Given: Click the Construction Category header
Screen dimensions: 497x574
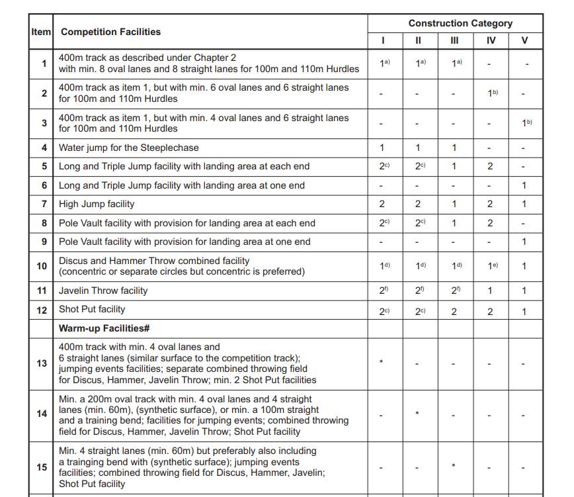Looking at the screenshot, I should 460,23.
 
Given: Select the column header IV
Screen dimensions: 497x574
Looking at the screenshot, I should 490,40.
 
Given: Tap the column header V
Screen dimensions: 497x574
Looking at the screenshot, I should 525,40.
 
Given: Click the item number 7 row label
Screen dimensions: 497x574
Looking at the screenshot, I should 44,204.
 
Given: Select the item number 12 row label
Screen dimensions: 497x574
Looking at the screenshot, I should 42,309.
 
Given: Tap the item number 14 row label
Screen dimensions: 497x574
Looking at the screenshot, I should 42,414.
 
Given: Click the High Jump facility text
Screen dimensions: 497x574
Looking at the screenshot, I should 97,204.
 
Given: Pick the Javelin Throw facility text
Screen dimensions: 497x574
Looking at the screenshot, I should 103,291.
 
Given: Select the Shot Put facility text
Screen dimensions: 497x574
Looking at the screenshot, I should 92,309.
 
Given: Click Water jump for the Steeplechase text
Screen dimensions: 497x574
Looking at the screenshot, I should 128,148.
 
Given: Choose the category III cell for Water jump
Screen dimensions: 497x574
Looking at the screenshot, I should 454,148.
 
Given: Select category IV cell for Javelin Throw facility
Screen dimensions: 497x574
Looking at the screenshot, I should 490,291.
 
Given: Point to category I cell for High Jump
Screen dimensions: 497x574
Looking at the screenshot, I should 382,204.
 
